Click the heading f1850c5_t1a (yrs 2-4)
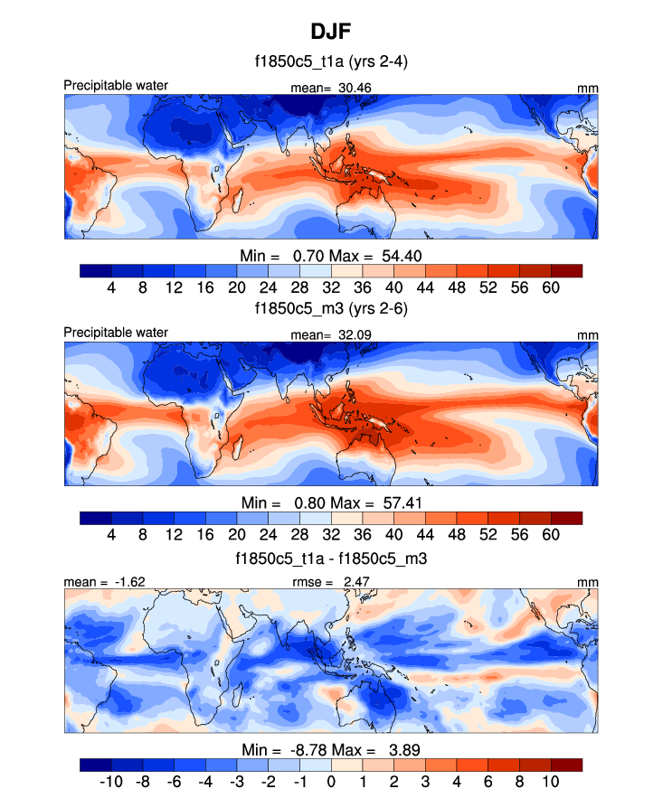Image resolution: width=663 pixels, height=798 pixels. point(331,63)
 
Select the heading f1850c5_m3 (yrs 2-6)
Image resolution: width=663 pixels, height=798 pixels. point(331,308)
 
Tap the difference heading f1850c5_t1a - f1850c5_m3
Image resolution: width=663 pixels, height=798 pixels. point(331,559)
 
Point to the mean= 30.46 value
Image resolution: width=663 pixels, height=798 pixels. point(330,88)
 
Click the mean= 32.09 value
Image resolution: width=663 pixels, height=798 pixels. point(330,334)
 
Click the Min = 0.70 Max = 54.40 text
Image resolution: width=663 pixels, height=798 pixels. point(331,255)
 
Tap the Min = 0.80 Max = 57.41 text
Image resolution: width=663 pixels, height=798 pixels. point(331,502)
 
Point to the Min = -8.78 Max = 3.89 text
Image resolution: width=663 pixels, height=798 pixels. point(331,749)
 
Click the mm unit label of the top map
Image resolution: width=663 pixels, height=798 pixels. point(588,87)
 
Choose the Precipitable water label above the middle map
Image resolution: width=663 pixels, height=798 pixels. point(116,333)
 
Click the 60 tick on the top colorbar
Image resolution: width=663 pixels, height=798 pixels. point(551,287)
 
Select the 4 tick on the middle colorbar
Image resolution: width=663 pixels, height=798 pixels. point(111,534)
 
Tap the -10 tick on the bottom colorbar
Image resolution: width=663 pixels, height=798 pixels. point(111,782)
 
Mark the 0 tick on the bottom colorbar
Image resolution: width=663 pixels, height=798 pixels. point(331,782)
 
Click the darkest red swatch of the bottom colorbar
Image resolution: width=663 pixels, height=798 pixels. point(566,765)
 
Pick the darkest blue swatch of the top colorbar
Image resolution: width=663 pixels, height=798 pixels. point(96,270)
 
